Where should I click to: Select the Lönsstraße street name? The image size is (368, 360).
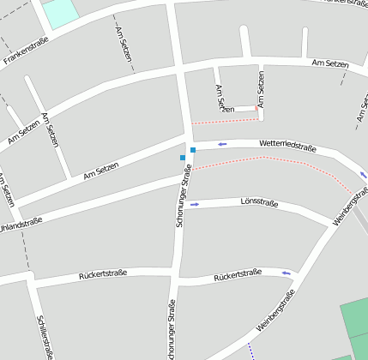coord(259,203)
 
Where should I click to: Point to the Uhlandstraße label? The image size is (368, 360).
coord(21,229)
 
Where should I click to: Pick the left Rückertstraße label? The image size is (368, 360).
coord(102,274)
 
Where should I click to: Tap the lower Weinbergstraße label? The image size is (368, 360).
coord(275,310)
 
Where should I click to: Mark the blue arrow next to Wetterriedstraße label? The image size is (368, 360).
coord(222,144)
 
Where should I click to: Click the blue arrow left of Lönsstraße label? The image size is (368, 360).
coord(195,204)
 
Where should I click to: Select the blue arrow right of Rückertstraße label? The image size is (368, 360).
coord(287,273)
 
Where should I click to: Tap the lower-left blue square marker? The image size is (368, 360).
coord(182,158)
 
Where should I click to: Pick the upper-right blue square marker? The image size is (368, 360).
coord(193,150)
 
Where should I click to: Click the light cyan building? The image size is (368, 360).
coord(59,12)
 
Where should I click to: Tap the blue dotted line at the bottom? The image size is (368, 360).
coord(251,351)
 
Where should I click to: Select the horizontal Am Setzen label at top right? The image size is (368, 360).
coord(330,63)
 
